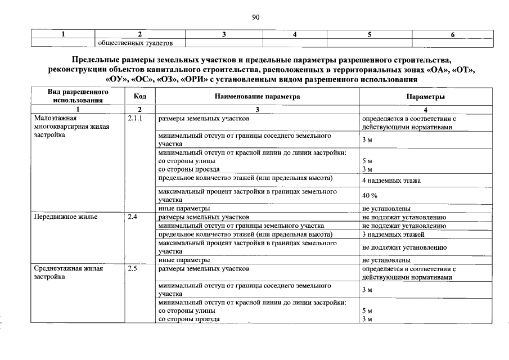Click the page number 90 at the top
coord(255,17)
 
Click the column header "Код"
coord(140,97)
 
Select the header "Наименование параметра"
coord(257,97)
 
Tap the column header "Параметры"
coord(426,97)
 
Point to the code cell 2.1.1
coord(137,119)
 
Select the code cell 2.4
coord(133,216)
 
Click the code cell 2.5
coord(133,269)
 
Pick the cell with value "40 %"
coord(370,195)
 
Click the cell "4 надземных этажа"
coord(391,180)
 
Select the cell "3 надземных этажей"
coord(393,234)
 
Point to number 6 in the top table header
coord(452,35)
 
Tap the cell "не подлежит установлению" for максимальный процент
coord(404,247)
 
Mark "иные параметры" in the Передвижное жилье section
coord(184,260)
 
